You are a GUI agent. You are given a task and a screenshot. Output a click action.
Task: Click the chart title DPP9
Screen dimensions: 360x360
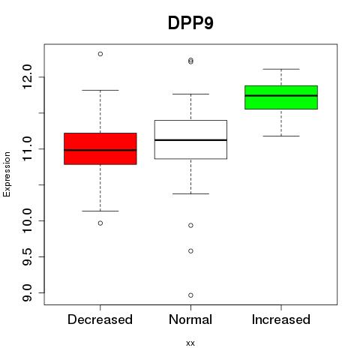tap(190, 23)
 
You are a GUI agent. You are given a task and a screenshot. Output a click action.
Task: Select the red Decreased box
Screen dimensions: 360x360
tap(100, 148)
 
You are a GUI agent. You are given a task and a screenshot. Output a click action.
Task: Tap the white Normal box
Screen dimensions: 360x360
tap(190, 139)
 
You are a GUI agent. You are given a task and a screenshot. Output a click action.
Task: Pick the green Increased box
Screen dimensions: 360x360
tap(281, 97)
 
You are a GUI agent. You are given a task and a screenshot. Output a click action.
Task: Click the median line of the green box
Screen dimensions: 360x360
tap(281, 95)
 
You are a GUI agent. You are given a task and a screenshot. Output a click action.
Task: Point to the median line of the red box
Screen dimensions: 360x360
tap(100, 150)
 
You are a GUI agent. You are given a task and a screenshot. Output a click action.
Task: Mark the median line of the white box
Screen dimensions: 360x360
tap(190, 140)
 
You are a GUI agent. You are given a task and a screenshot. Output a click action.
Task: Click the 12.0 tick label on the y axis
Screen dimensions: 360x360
tap(27, 76)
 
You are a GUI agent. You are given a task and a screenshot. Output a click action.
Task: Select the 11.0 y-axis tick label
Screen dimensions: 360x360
tap(27, 148)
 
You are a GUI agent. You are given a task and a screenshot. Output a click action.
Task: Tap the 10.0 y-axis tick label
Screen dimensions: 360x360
tap(27, 220)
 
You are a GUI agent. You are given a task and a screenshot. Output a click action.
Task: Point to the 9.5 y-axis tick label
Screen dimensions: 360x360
tap(27, 256)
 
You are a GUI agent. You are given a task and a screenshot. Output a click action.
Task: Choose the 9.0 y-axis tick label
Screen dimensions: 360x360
tap(27, 292)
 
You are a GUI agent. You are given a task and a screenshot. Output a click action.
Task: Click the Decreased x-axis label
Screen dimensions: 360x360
tap(100, 319)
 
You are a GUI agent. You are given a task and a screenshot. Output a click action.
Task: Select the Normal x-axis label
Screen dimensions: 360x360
tap(190, 319)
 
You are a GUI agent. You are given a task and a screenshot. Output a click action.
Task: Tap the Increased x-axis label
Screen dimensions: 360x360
tap(281, 319)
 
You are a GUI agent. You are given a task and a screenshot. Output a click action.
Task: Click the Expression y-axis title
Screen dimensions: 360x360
tap(7, 174)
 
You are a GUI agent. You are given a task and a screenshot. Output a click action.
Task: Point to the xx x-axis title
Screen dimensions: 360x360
tap(190, 343)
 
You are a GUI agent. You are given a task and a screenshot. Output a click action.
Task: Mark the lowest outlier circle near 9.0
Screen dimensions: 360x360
tap(190, 295)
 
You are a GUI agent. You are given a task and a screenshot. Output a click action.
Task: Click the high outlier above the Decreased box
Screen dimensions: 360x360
tap(100, 54)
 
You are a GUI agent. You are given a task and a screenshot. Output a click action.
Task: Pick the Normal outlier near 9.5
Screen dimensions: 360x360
tap(190, 251)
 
